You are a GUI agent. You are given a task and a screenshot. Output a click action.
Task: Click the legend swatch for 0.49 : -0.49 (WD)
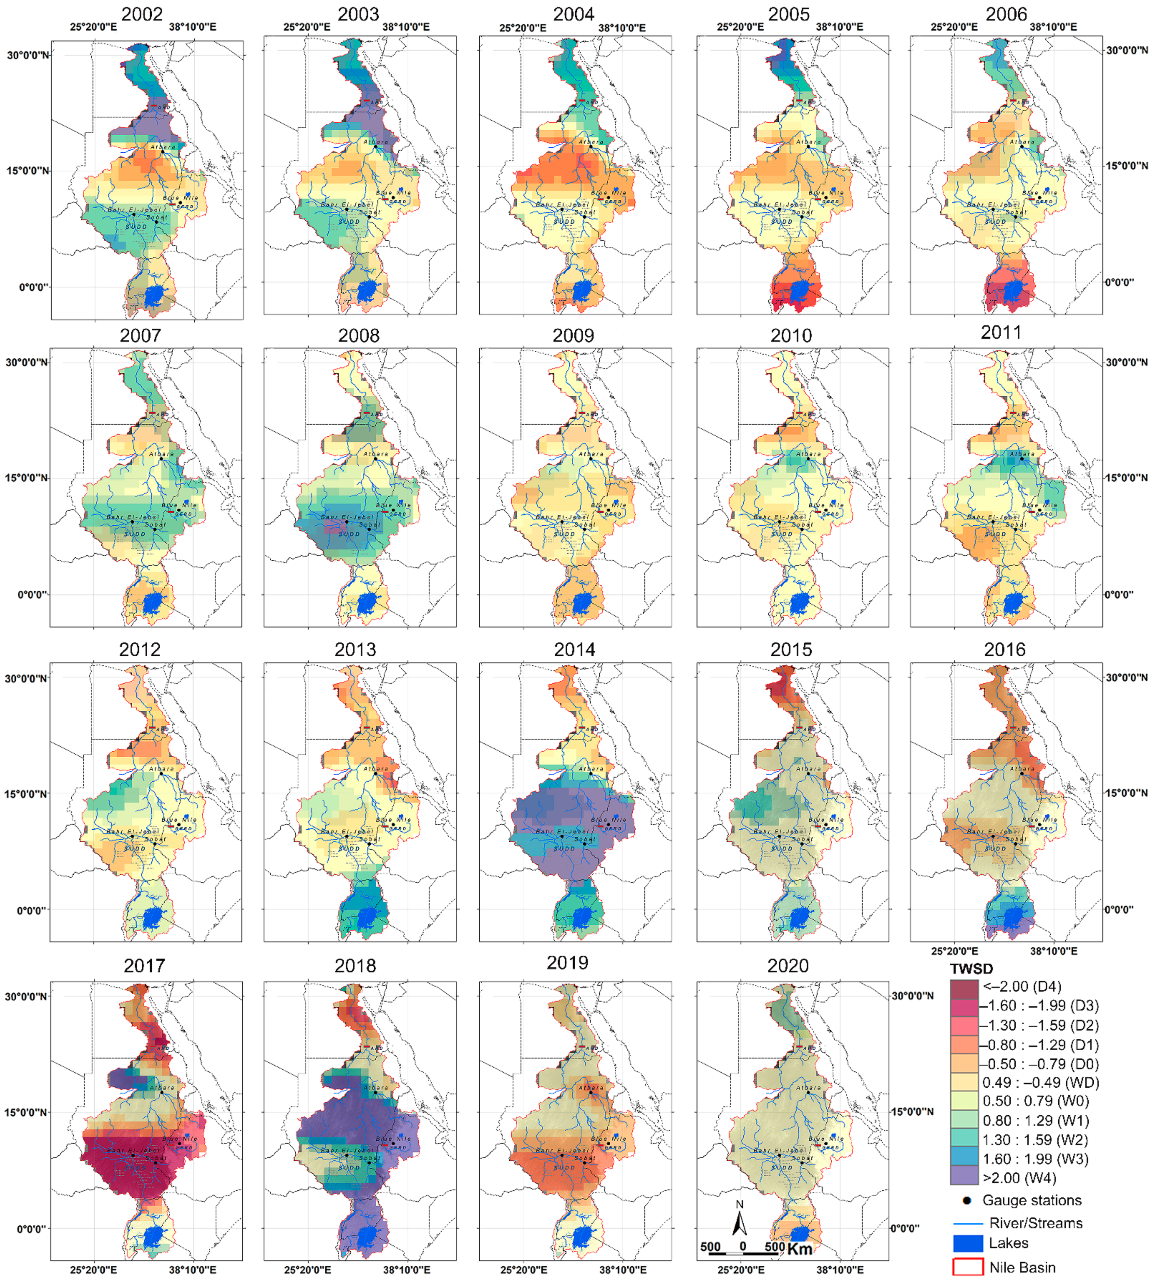tap(964, 1082)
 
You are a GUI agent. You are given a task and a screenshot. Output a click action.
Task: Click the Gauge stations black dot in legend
tap(967, 1200)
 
